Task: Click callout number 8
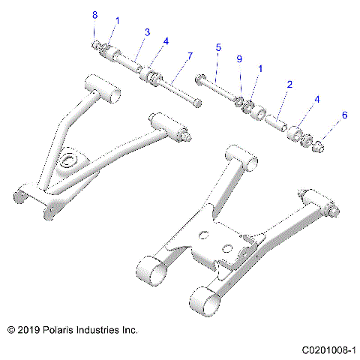[94, 16]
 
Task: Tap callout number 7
[190, 56]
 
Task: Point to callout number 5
[218, 47]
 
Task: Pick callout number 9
[238, 58]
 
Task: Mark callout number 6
[344, 115]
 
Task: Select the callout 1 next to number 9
[260, 68]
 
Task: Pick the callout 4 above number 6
[317, 98]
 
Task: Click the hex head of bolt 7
[196, 103]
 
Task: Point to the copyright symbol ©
[10, 329]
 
